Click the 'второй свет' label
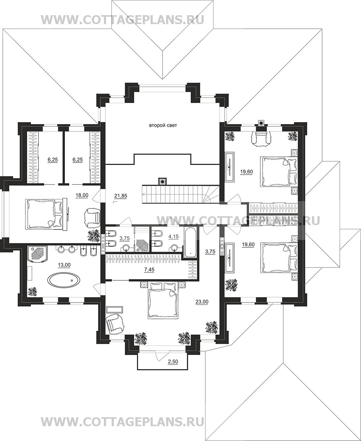pyautogui.click(x=163, y=126)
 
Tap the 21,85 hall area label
pyautogui.click(x=121, y=196)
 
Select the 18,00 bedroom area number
pyautogui.click(x=82, y=195)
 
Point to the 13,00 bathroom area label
pyautogui.click(x=64, y=265)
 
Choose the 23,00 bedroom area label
pyautogui.click(x=202, y=302)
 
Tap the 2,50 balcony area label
pyautogui.click(x=173, y=362)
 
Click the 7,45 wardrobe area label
pyautogui.click(x=149, y=270)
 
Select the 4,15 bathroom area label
pyautogui.click(x=173, y=237)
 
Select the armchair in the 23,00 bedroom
pyautogui.click(x=115, y=324)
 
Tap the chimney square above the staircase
pyautogui.click(x=162, y=181)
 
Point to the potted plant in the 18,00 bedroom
pyautogui.click(x=93, y=236)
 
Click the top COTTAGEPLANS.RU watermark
pyautogui.click(x=123, y=20)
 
